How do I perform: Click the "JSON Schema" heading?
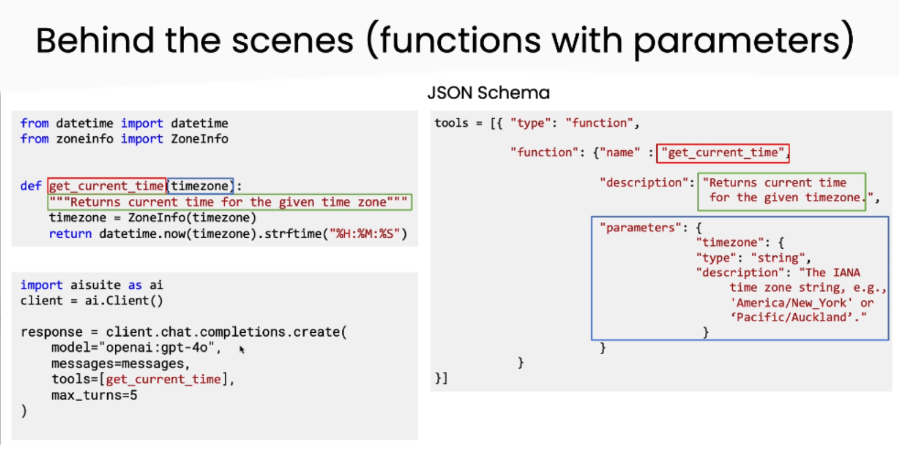coord(488,93)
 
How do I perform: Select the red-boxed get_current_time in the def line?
coord(107,186)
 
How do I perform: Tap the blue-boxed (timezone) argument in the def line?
coord(200,186)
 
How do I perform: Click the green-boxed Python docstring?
coord(230,202)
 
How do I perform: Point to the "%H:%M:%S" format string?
coord(366,234)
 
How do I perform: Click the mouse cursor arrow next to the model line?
coord(242,349)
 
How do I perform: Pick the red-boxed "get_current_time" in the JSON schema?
coord(723,152)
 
